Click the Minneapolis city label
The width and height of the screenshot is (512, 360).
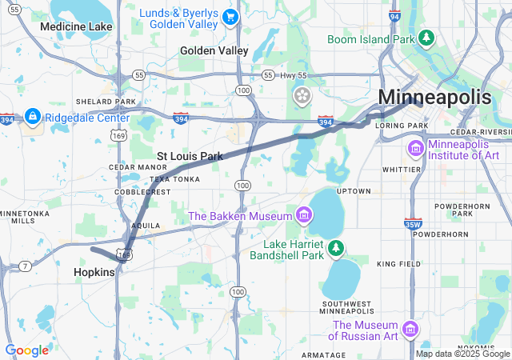[434, 97]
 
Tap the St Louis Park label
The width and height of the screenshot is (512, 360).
[190, 156]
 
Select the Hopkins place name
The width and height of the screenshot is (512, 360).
[94, 272]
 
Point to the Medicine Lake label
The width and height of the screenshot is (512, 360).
[76, 26]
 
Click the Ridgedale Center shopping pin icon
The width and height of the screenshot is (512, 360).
[33, 117]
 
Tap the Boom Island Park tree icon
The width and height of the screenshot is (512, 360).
[427, 38]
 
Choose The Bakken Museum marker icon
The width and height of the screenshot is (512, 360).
[303, 215]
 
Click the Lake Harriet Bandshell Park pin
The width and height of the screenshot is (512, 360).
[336, 248]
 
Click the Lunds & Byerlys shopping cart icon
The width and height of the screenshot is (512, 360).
[230, 17]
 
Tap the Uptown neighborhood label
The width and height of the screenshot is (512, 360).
[353, 192]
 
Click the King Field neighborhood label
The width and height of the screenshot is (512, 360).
[398, 264]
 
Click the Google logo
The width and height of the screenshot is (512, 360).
[26, 350]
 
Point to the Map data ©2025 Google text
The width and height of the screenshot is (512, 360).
[462, 354]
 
